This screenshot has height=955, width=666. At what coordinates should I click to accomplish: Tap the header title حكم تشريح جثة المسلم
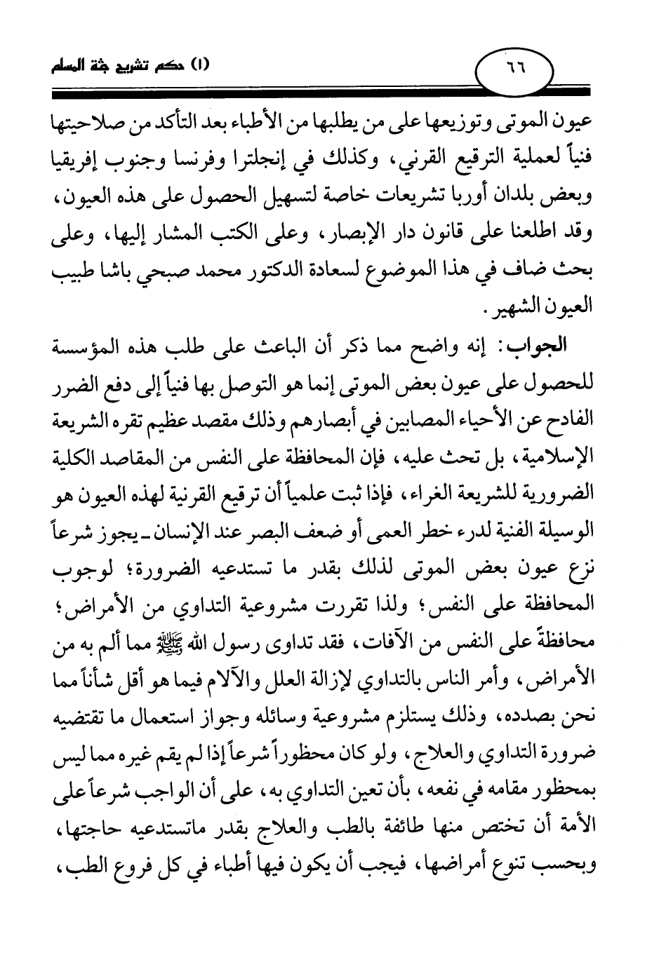124,69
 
